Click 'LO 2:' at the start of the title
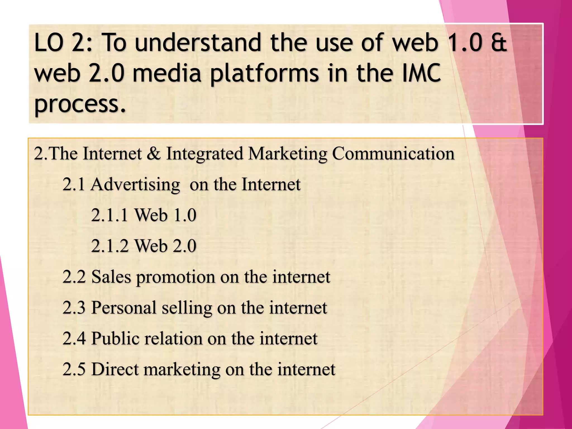63,43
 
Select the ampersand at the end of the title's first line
499,43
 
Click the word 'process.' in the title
80,104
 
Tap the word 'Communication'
393,153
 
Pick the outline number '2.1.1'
110,215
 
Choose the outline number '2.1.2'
110,246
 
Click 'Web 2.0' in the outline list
166,246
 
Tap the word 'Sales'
111,277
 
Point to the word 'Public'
115,339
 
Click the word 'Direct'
115,369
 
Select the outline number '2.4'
74,339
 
